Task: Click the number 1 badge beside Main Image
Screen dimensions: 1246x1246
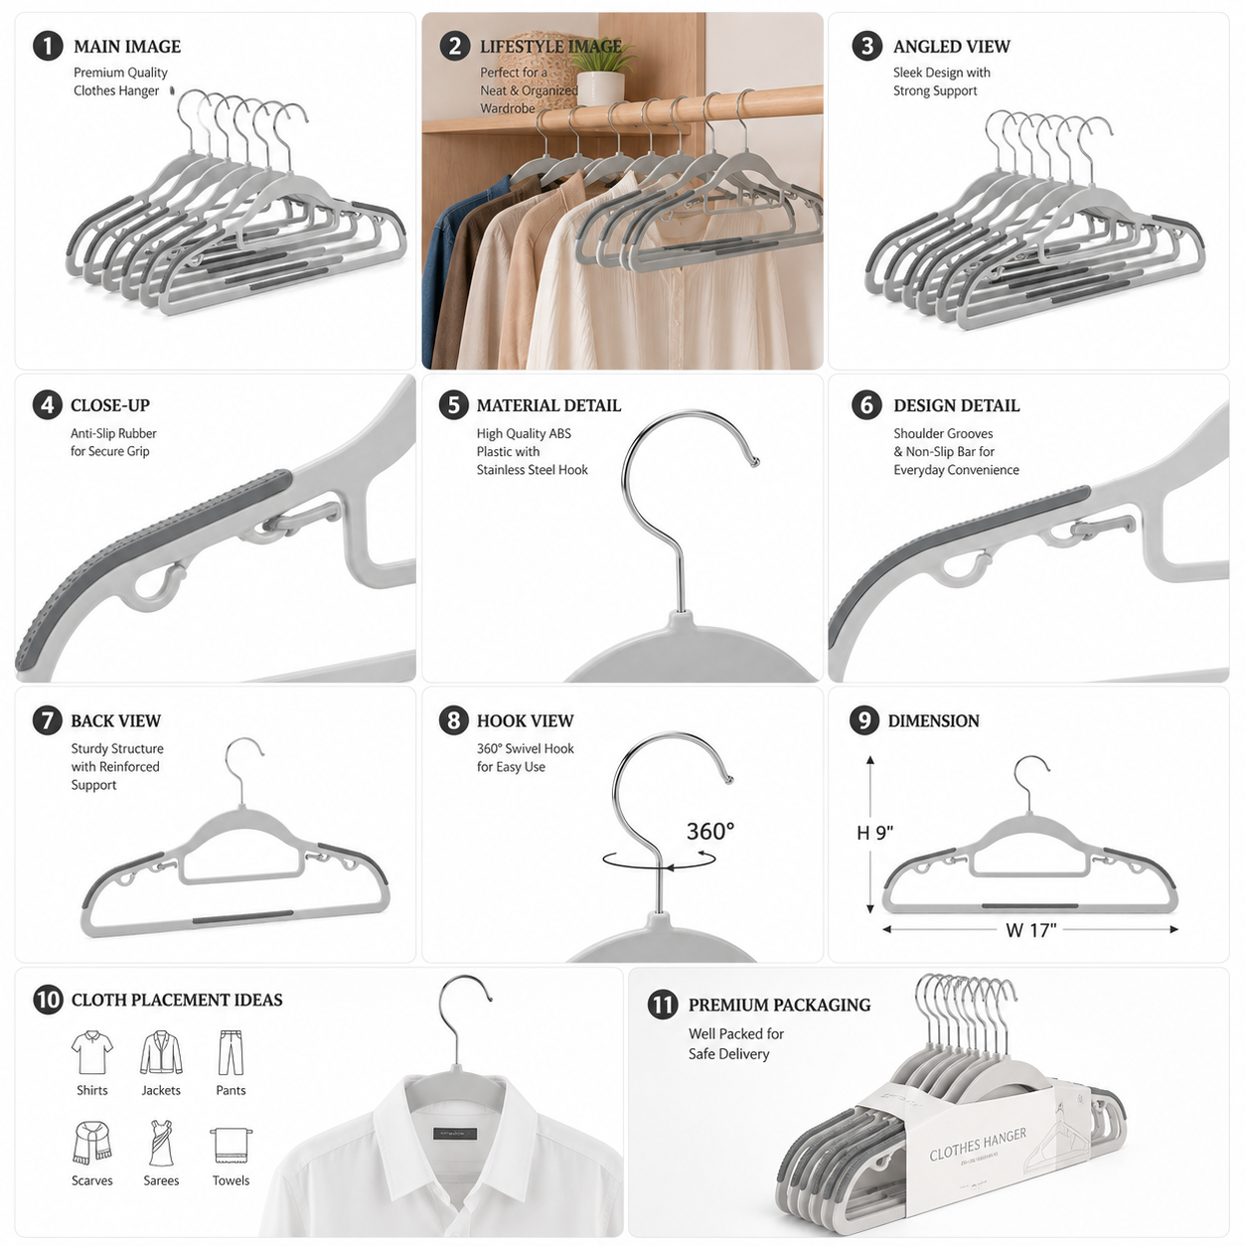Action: tap(48, 47)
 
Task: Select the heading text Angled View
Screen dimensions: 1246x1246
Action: tap(951, 47)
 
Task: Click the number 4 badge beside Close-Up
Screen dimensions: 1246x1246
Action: tap(48, 404)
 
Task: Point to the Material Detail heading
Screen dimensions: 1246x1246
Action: tap(548, 405)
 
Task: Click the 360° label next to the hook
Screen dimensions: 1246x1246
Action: tap(710, 831)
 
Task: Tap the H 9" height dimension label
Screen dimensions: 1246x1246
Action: tap(874, 833)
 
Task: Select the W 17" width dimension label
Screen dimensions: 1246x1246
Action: tap(1030, 930)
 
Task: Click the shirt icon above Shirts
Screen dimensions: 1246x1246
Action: tap(91, 1052)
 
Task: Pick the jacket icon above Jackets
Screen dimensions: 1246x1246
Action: tap(161, 1052)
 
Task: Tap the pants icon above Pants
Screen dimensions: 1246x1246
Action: tap(231, 1052)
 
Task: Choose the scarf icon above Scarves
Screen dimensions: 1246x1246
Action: tap(91, 1143)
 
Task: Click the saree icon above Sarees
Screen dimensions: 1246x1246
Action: tap(161, 1143)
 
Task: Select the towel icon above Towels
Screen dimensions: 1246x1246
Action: tap(231, 1145)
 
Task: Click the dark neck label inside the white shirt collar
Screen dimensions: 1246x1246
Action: tap(455, 1134)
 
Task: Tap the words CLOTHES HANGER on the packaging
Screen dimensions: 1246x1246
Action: tap(978, 1145)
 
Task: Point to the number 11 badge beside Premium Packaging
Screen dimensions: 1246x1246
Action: tap(663, 1005)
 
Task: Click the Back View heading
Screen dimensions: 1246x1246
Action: tap(115, 721)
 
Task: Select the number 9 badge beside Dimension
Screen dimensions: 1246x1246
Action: tap(864, 720)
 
